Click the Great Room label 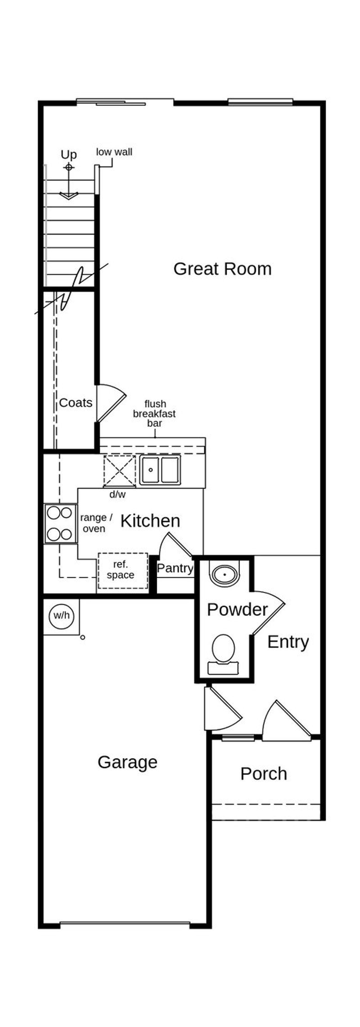pyautogui.click(x=222, y=269)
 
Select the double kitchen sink pyautogui.click(x=160, y=470)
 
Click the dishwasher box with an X pyautogui.click(x=119, y=470)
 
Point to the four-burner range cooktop pyautogui.click(x=60, y=523)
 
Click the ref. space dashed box pyautogui.click(x=123, y=570)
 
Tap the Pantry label pyautogui.click(x=175, y=568)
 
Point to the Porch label pyautogui.click(x=264, y=773)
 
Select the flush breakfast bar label pyautogui.click(x=154, y=413)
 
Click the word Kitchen pyautogui.click(x=150, y=521)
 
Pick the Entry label pyautogui.click(x=288, y=642)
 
